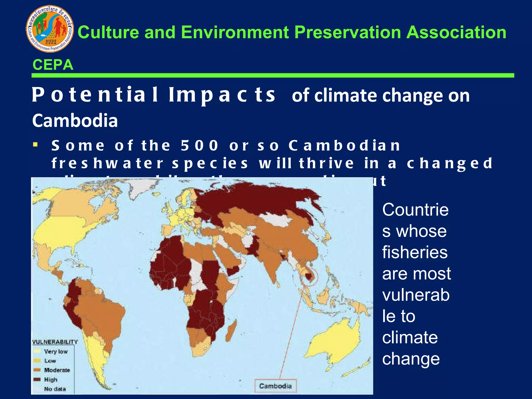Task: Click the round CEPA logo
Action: [x=50, y=29]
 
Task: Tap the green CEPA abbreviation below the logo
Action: [x=53, y=65]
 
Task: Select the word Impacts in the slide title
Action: [x=222, y=95]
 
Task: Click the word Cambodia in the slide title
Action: [x=75, y=121]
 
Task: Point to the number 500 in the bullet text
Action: [x=199, y=145]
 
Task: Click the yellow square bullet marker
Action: [x=35, y=144]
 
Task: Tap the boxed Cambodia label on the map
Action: [x=275, y=386]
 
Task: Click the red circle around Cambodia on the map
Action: [x=309, y=277]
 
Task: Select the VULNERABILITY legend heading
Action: [x=55, y=342]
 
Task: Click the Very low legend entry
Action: [x=56, y=351]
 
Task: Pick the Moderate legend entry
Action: [x=57, y=370]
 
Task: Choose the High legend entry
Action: [x=51, y=380]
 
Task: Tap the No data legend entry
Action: [x=55, y=389]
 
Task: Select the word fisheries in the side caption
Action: [x=415, y=252]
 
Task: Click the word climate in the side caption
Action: [x=410, y=337]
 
